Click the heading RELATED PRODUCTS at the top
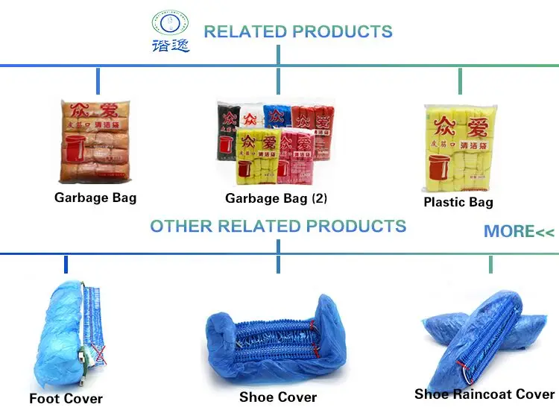297,32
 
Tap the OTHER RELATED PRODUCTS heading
278,226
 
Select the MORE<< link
519,232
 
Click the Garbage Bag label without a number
95,198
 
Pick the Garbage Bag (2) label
276,199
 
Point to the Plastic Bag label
458,202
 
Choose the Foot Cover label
66,399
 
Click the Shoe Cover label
278,397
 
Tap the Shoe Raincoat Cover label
484,394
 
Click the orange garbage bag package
96,142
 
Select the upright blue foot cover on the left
55,335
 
